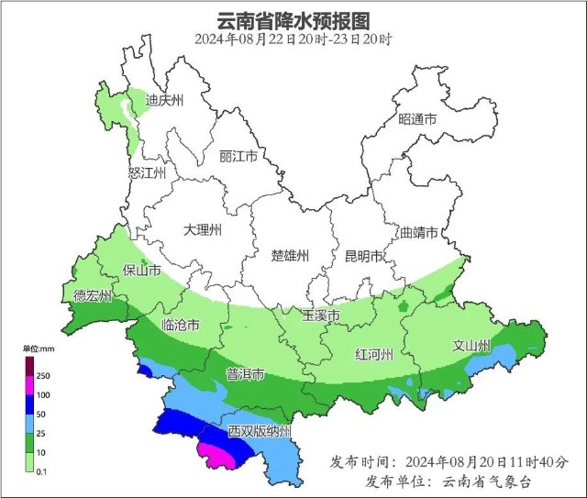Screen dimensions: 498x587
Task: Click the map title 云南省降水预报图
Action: pos(293,19)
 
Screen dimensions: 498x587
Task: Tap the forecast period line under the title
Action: pos(293,39)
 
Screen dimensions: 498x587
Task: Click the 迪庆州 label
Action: pos(166,100)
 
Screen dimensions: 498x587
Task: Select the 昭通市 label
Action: pos(416,120)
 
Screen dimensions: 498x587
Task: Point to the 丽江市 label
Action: pos(238,156)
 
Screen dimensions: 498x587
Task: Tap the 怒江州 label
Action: pos(148,172)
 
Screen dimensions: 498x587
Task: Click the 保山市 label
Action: pos(143,271)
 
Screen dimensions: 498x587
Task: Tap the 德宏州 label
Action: pos(93,295)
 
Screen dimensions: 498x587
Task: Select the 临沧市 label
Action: pos(180,325)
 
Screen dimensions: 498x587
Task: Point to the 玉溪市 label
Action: pos(321,315)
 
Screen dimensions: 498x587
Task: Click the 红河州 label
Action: pos(374,354)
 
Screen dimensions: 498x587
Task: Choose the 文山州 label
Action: pos(472,346)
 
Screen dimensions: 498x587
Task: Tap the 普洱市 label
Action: pos(246,374)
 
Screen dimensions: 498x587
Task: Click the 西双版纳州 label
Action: pos(260,431)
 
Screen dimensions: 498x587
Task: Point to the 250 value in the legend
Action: pos(42,376)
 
